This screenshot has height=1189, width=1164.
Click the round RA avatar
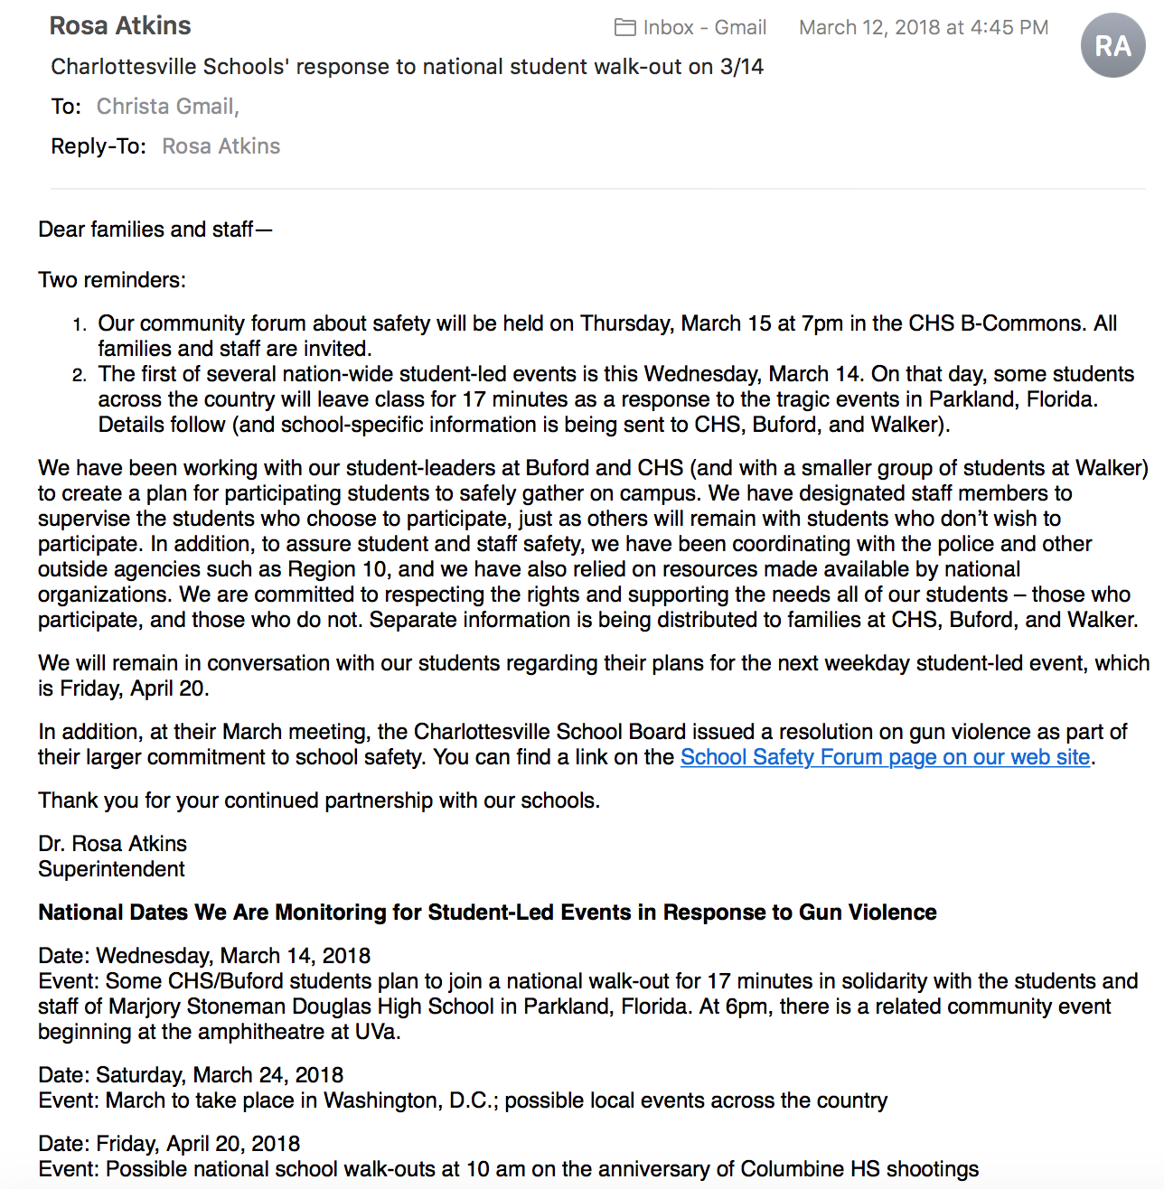1112,45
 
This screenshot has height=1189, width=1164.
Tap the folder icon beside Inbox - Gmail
624,28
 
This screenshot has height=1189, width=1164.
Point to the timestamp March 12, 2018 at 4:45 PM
923,28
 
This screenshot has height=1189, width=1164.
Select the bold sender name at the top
120,26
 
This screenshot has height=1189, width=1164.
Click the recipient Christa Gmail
167,107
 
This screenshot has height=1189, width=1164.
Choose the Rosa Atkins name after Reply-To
221,146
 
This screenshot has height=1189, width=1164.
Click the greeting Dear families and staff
154,229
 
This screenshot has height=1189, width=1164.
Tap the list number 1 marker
80,324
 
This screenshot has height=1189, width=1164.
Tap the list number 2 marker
80,375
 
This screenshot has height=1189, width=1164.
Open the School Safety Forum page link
885,757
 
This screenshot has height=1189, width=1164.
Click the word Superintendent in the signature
111,869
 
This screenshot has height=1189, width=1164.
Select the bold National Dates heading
487,913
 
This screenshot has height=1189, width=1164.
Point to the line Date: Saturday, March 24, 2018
191,1075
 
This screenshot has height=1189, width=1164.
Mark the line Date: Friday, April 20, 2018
169,1144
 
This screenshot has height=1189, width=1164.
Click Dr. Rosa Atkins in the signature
112,844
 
